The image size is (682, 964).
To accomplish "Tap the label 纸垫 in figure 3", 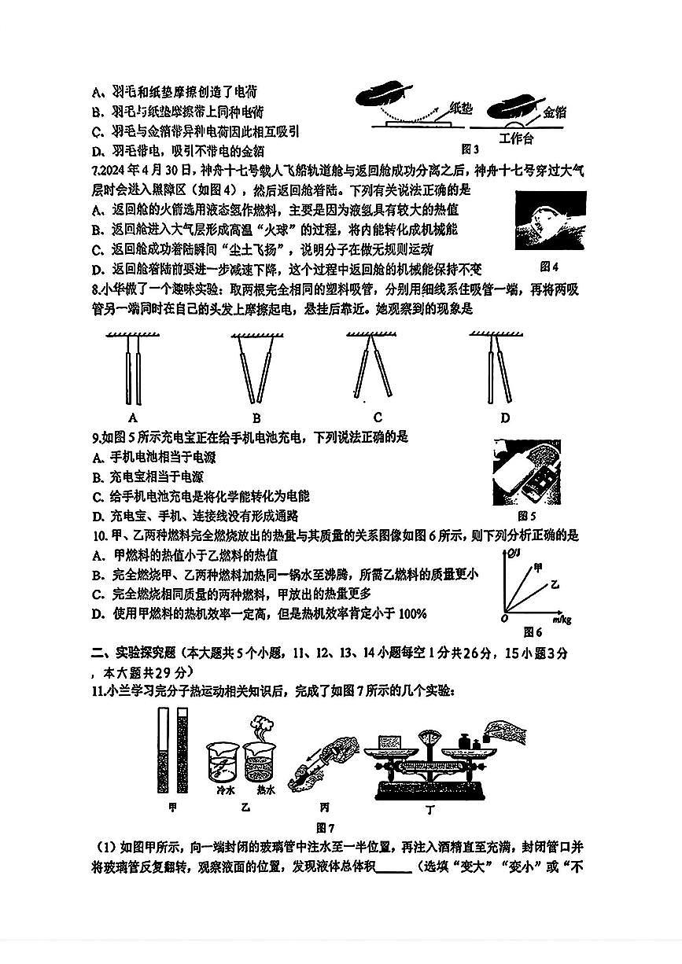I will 459,108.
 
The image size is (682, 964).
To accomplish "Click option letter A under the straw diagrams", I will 133,418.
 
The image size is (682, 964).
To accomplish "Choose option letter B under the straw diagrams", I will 256,418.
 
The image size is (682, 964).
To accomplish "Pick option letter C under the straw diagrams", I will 378,418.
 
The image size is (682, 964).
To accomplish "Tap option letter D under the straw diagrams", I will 504,418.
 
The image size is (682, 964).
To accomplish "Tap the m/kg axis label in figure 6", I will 562,620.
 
